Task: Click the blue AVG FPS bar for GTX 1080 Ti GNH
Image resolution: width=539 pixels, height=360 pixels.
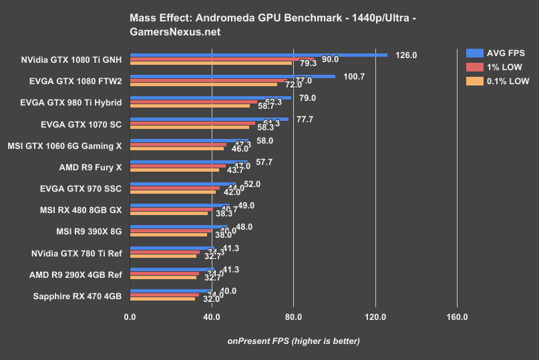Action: coord(258,55)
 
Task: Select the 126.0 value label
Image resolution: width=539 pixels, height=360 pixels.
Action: coord(406,55)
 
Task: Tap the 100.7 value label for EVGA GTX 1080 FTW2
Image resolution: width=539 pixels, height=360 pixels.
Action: coord(355,77)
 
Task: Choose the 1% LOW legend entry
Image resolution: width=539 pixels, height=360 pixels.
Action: coord(494,67)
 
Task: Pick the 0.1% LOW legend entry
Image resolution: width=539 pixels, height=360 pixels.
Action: coord(494,81)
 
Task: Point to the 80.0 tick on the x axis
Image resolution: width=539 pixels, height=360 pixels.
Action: coord(293,317)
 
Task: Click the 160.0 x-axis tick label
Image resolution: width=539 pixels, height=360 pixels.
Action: coord(457,317)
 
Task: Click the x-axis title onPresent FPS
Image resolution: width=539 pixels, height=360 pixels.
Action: coord(293,341)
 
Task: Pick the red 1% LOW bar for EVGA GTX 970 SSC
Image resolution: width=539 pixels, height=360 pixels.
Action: coord(174,188)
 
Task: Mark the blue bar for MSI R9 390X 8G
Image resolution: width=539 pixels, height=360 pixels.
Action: coord(178,226)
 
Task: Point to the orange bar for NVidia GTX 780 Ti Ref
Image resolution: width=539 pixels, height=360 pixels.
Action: coord(163,255)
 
